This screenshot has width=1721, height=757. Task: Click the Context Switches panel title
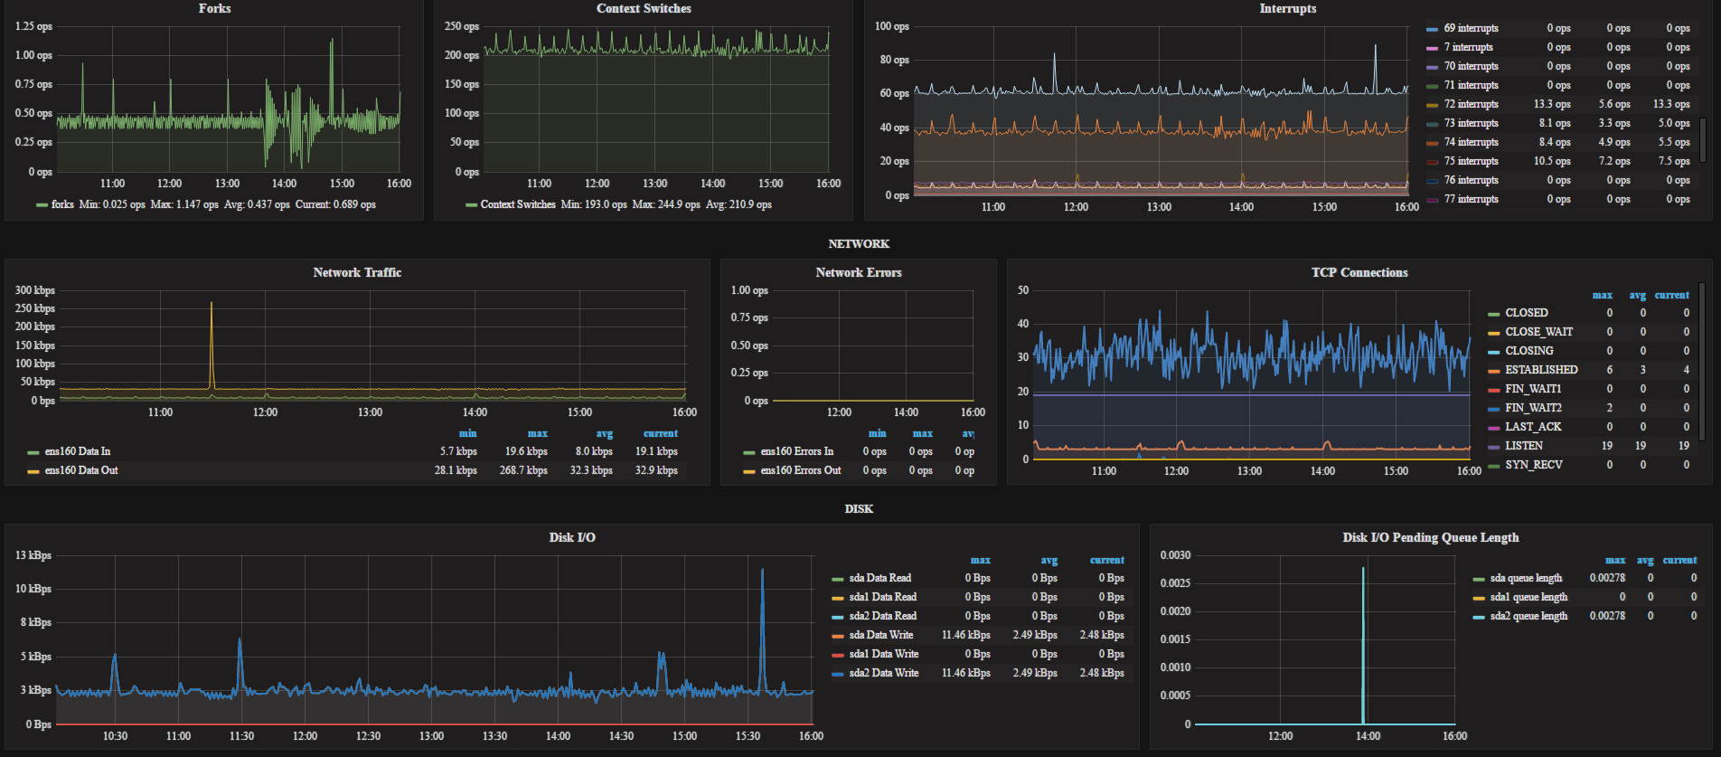coord(644,8)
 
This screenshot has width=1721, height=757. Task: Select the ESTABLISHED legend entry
coord(1541,370)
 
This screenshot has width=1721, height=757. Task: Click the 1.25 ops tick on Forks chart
coord(33,26)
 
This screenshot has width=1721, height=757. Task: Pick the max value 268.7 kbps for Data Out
coord(523,470)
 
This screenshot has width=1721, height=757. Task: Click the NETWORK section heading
coord(859,244)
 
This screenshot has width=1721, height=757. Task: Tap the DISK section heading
coord(859,509)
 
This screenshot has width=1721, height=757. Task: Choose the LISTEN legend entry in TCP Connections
coord(1524,446)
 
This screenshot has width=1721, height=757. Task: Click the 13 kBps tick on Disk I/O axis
coord(33,555)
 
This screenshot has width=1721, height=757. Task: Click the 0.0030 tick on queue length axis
coord(1175,555)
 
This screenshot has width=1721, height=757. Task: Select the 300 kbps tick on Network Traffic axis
coord(34,290)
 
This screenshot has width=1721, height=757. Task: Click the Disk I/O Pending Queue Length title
coord(1431,537)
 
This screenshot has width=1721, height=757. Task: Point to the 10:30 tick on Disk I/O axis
coord(115,736)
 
